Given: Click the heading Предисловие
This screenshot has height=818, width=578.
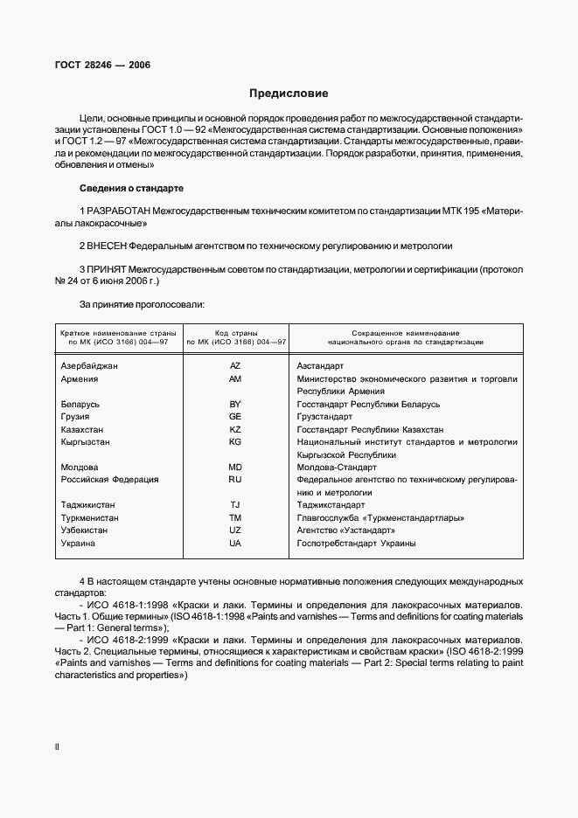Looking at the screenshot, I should tap(289, 94).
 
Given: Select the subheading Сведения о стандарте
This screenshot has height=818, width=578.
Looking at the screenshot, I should tap(131, 188).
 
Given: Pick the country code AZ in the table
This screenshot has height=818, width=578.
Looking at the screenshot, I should tap(234, 365).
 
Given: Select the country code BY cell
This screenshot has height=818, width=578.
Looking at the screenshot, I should tap(234, 405).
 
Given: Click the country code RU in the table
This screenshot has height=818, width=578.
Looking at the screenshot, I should tap(234, 479).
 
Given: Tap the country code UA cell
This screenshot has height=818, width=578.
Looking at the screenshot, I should tap(234, 544).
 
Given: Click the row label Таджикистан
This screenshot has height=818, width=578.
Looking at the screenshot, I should tap(87, 505).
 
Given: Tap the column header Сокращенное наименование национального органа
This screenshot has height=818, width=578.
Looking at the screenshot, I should tap(406, 338).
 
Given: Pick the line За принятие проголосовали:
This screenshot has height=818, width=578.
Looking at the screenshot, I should tap(142, 304).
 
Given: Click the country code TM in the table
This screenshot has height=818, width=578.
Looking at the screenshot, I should tap(234, 517).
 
